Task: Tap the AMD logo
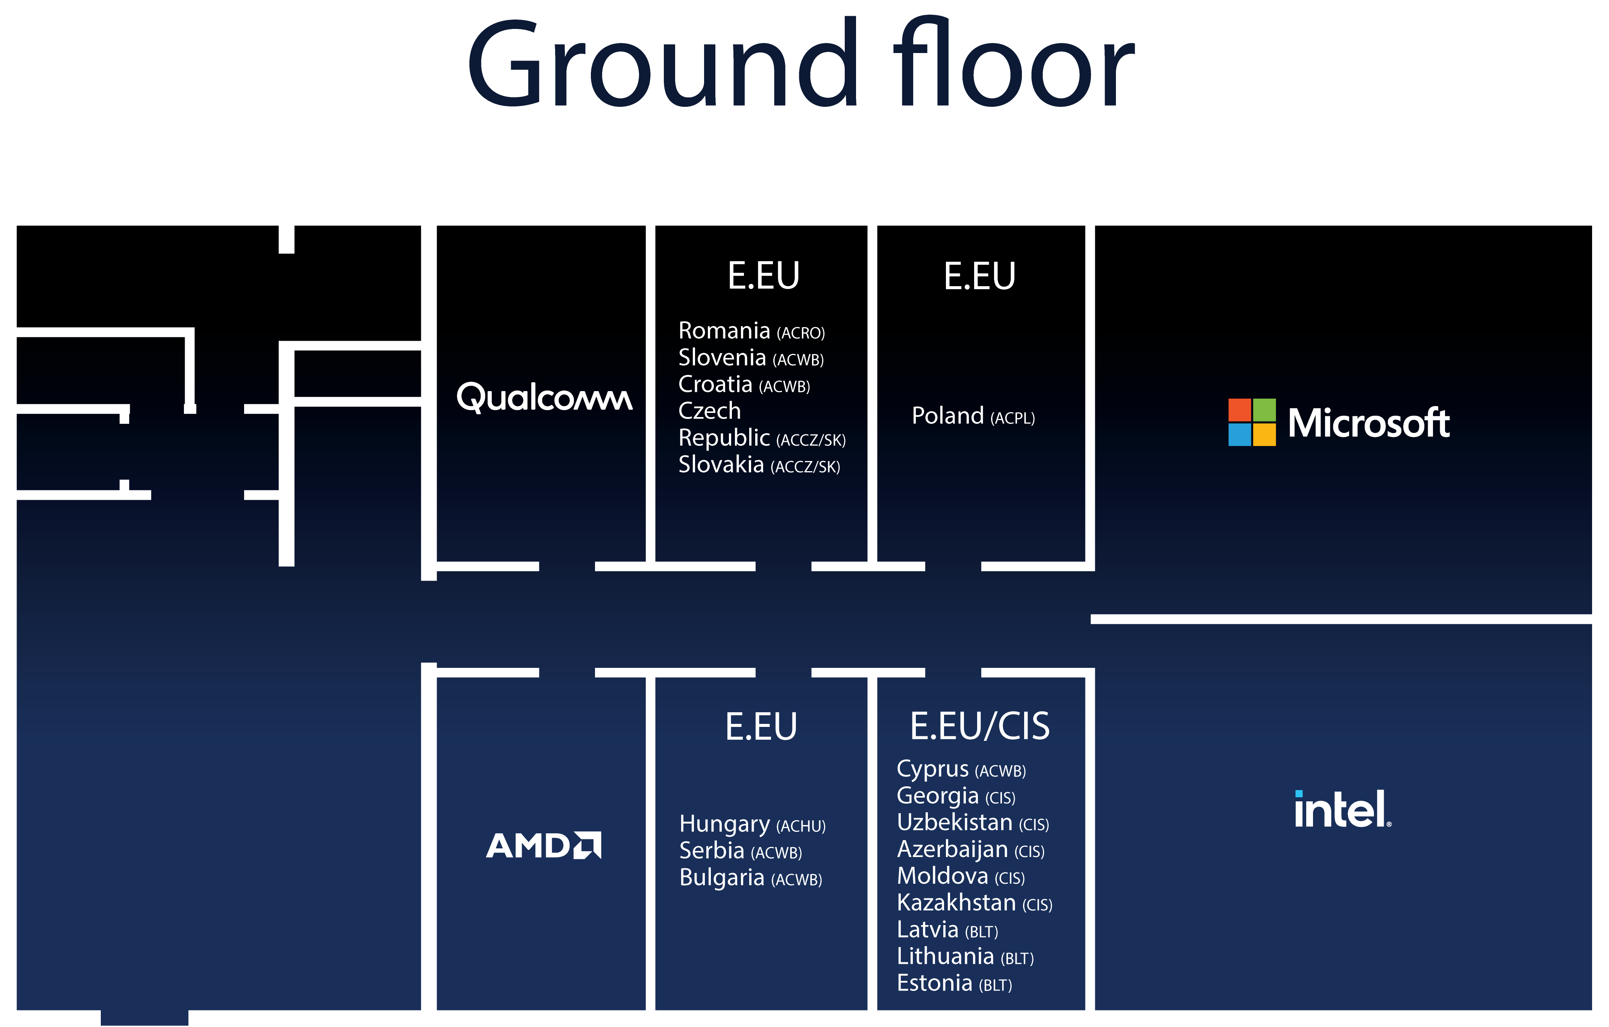click(x=543, y=845)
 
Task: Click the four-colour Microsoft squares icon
click(x=1252, y=422)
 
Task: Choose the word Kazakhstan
click(x=956, y=903)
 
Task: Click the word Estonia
click(x=935, y=983)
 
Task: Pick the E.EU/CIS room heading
click(x=979, y=726)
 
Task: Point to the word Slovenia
click(x=722, y=358)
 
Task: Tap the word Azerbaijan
click(x=952, y=849)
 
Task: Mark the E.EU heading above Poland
click(x=979, y=276)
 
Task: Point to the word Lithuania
click(x=946, y=956)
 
